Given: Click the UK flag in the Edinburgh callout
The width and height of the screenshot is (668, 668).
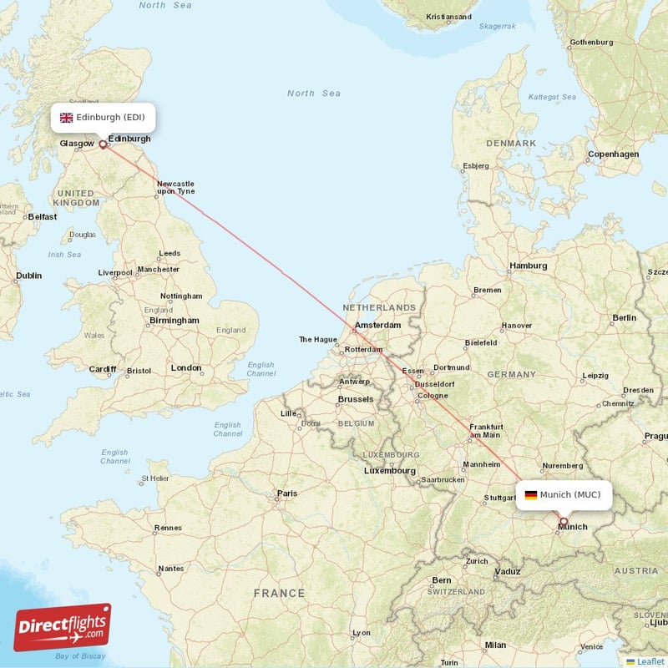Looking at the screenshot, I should point(66,118).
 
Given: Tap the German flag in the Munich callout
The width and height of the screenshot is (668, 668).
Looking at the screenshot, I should point(530,495).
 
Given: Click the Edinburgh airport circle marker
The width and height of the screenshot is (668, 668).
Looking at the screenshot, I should point(104,144).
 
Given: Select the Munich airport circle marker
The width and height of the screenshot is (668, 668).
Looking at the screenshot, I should point(564,521).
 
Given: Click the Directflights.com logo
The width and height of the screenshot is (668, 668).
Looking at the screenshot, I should point(63,627).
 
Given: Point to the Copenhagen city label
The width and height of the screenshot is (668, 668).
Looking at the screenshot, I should point(613,154).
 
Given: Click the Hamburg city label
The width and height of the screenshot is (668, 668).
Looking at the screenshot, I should point(528,266).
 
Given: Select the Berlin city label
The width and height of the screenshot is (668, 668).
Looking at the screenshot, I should point(624,317).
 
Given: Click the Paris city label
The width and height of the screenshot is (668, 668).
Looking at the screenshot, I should point(287,493).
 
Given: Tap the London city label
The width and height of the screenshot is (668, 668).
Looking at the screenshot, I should point(185,367).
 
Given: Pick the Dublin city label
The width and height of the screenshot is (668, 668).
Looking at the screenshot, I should point(28,275).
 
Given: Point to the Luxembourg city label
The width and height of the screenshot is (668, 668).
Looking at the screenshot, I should point(389,471).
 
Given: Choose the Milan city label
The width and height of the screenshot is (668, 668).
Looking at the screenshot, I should point(495,645).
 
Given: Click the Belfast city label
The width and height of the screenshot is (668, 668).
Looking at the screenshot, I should point(43,217).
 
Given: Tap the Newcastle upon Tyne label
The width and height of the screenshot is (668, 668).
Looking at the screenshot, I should point(175,187).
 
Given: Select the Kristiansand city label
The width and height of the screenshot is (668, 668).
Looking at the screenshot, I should point(448,17).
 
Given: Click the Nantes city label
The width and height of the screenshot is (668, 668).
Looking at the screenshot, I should point(170,569).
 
